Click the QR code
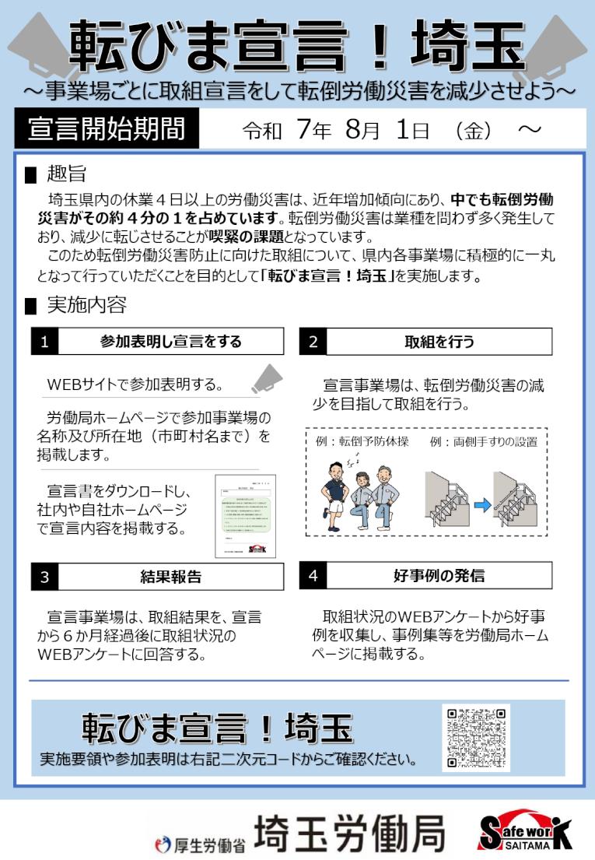tap(476, 738)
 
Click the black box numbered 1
tap(45, 342)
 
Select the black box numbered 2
tap(313, 342)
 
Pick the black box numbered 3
tap(45, 576)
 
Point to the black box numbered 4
tap(313, 576)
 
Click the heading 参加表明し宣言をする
tap(170, 342)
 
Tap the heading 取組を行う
tap(439, 342)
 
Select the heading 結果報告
tap(170, 576)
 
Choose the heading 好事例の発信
tap(439, 576)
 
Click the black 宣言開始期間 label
tap(107, 129)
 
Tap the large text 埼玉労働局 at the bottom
tap(350, 833)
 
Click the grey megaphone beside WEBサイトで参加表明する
tap(266, 379)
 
